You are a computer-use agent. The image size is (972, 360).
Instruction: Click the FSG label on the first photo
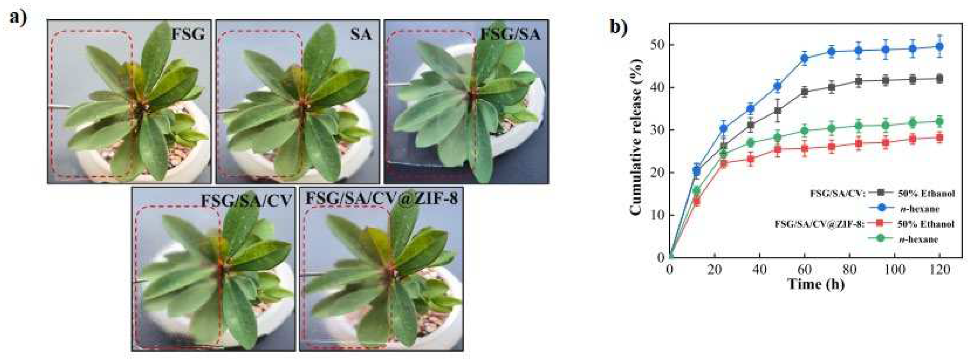(188, 35)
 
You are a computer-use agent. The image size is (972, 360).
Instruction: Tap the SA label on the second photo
(361, 35)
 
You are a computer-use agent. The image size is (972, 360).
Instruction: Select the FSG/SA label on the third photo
(510, 35)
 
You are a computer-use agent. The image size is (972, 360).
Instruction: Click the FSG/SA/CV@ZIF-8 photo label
(382, 199)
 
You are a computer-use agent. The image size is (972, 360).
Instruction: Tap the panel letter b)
(619, 27)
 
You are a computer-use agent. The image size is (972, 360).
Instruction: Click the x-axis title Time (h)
(815, 283)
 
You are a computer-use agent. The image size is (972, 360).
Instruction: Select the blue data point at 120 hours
(940, 47)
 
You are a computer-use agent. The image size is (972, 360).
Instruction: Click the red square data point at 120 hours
(940, 138)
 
